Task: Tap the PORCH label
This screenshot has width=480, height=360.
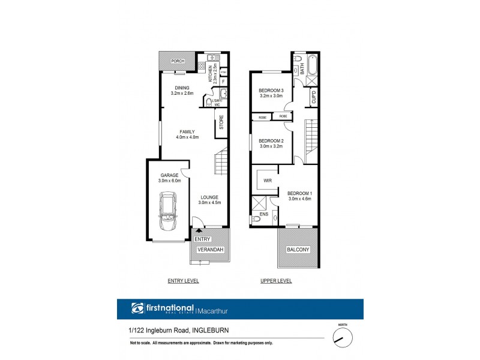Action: click(x=178, y=61)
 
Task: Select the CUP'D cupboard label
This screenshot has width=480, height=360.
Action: click(x=313, y=97)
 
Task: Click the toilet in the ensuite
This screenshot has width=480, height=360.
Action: click(x=257, y=220)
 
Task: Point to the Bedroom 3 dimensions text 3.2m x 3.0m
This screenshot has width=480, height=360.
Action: click(x=271, y=95)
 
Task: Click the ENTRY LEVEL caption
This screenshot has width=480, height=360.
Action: click(x=183, y=281)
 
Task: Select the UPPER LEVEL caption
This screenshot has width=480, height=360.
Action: click(x=276, y=281)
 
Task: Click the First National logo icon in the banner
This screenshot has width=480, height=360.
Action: click(x=137, y=309)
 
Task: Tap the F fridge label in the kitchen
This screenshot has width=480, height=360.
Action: click(x=223, y=80)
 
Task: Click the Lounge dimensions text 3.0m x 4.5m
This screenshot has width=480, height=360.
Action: click(x=209, y=202)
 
